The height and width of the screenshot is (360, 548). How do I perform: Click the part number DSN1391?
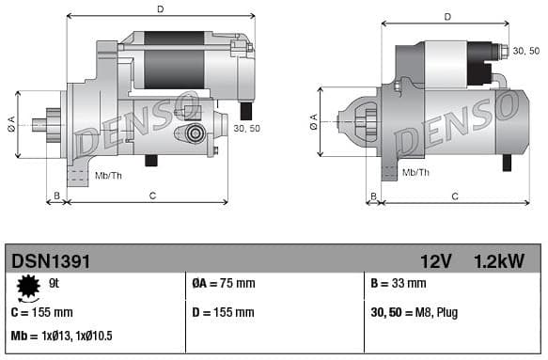tap(51, 260)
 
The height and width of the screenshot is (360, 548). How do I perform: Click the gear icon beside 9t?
tap(27, 285)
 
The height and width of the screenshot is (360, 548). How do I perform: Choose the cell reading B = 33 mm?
tap(399, 284)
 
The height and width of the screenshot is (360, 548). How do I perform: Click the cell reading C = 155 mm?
tap(41, 312)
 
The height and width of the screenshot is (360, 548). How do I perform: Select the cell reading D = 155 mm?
tap(223, 312)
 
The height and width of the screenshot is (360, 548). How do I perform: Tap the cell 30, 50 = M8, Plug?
tap(415, 312)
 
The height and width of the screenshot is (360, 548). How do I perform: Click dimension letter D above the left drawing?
tap(161, 9)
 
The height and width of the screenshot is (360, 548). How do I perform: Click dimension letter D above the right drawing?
tap(446, 16)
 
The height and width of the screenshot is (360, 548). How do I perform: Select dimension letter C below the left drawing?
tap(152, 196)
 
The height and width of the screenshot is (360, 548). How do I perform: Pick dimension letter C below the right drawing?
tap(454, 196)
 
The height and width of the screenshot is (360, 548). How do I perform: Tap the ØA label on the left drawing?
tap(11, 123)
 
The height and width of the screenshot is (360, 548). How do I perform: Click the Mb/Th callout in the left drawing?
tap(108, 175)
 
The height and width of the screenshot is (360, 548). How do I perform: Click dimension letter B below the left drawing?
tap(56, 196)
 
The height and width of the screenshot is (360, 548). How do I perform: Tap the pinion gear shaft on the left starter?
tap(41, 123)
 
